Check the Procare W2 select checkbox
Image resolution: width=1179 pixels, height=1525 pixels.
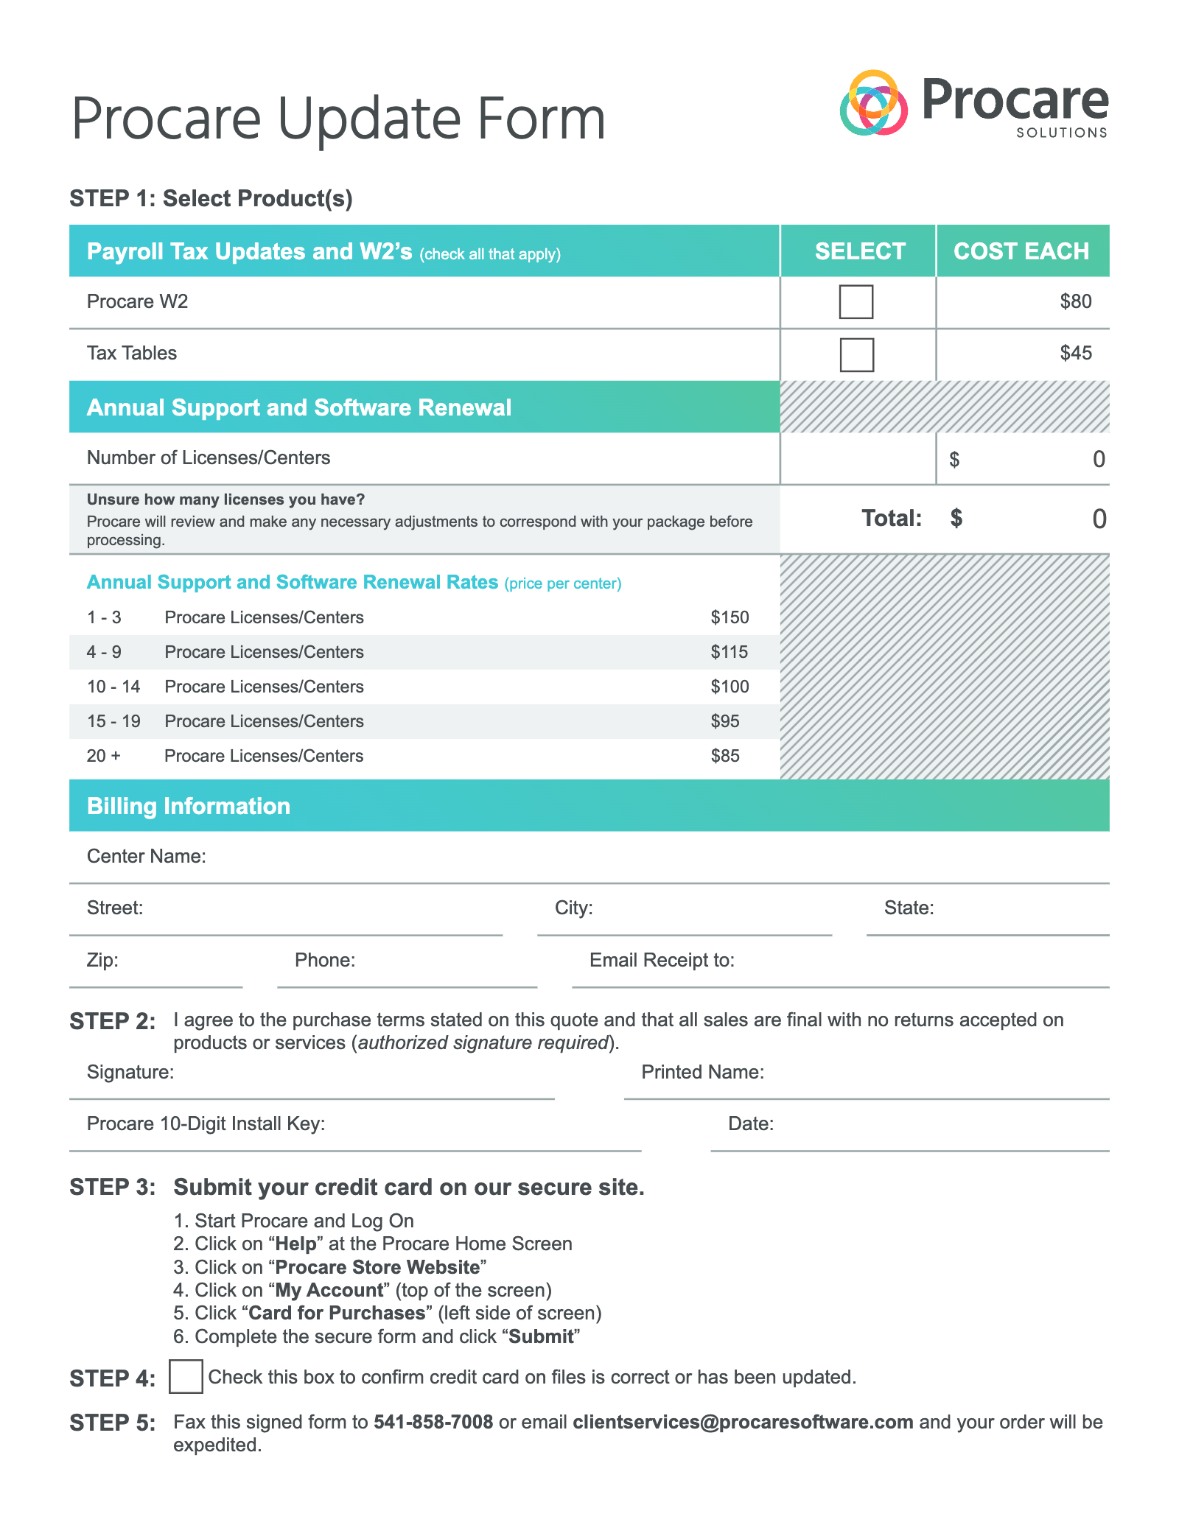click(x=856, y=301)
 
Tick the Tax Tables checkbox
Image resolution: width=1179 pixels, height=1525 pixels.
click(x=856, y=354)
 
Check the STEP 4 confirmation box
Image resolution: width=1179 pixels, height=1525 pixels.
click(x=186, y=1376)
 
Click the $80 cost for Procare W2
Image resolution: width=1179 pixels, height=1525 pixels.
click(x=1075, y=301)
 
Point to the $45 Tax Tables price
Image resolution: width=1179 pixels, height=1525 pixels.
click(x=1075, y=353)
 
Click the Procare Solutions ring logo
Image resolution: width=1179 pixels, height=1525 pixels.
click(x=874, y=103)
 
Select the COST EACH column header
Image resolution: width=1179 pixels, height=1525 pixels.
click(x=1021, y=251)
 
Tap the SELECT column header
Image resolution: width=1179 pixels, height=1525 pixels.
click(x=859, y=251)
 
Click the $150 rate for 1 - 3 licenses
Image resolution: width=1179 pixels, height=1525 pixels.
click(x=730, y=617)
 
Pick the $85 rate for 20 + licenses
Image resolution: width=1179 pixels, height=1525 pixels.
click(x=725, y=756)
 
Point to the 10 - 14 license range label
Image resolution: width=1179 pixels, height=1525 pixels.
click(x=113, y=687)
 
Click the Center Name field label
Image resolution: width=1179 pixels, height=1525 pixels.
click(x=146, y=856)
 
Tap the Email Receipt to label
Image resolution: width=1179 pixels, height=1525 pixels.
click(x=662, y=960)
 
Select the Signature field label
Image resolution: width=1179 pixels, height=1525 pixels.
click(x=130, y=1072)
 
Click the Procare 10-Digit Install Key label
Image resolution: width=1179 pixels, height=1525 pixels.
click(x=206, y=1123)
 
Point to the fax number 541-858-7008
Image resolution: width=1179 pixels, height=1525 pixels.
click(x=433, y=1422)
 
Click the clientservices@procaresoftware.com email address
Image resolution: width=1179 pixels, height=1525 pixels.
click(x=743, y=1422)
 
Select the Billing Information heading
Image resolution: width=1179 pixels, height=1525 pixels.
click(x=189, y=806)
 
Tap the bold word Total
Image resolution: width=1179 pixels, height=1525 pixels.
click(x=892, y=519)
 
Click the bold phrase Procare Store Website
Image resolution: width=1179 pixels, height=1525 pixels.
click(x=377, y=1267)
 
